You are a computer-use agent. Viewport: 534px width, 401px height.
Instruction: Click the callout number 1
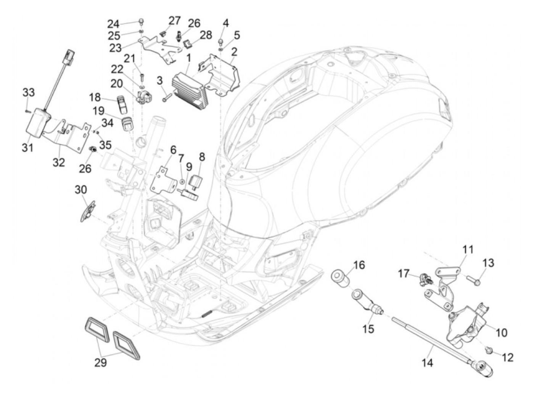[188, 59]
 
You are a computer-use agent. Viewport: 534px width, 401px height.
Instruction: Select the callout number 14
[428, 363]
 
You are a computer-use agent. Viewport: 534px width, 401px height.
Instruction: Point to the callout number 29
[101, 363]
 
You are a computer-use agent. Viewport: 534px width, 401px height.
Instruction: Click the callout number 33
[28, 93]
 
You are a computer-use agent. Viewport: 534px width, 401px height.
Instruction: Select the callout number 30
[81, 189]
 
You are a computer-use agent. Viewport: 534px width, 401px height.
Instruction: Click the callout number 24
[113, 24]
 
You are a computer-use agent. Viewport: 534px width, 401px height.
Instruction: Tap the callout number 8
[201, 157]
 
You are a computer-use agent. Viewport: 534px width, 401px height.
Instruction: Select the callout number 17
[404, 274]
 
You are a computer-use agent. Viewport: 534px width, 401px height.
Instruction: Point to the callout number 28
[206, 35]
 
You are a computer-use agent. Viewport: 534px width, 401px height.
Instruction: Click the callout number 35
[105, 145]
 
